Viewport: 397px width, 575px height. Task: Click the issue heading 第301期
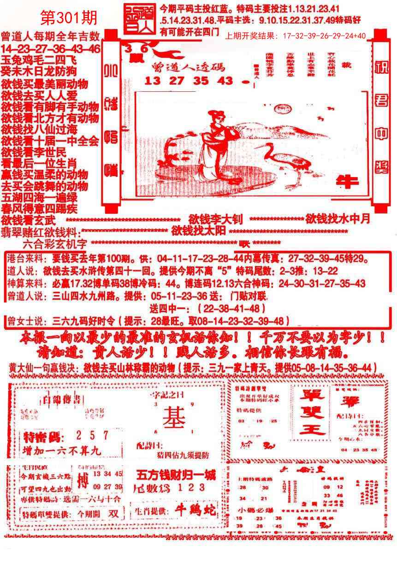pyautogui.click(x=69, y=18)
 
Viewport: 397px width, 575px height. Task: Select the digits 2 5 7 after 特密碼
pyautogui.click(x=92, y=435)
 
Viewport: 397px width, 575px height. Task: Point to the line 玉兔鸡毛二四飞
pyautogui.click(x=39, y=60)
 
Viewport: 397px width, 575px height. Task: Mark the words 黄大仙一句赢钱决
pyautogui.click(x=44, y=368)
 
